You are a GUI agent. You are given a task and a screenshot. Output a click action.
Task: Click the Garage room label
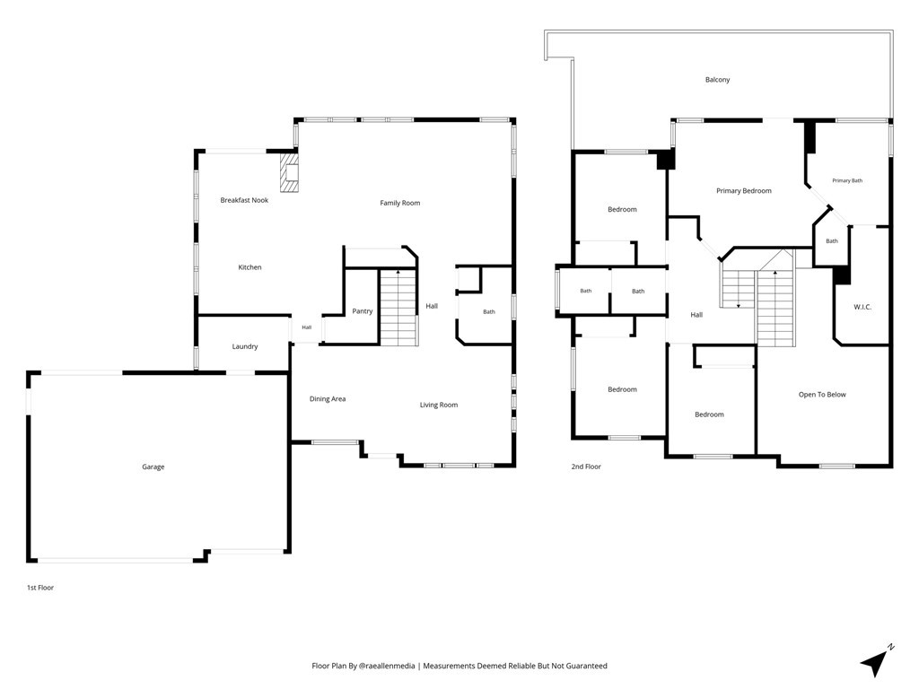click(153, 467)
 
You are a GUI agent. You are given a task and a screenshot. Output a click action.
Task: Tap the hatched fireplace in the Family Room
click(288, 172)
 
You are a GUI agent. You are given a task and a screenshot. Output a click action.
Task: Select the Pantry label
click(363, 311)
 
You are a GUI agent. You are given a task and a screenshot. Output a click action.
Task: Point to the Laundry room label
click(245, 346)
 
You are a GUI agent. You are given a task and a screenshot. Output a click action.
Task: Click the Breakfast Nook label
click(244, 200)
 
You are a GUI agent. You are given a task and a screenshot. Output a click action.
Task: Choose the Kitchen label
click(249, 267)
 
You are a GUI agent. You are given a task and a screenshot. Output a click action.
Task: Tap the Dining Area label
click(328, 399)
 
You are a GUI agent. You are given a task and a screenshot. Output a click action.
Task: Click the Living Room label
click(438, 405)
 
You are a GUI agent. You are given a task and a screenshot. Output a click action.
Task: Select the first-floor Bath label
click(489, 311)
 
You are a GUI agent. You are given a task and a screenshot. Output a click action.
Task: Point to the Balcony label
click(717, 80)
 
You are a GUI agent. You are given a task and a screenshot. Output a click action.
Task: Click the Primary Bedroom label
click(744, 191)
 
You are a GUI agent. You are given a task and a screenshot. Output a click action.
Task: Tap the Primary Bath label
click(847, 180)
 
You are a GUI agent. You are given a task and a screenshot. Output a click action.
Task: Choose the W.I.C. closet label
click(862, 307)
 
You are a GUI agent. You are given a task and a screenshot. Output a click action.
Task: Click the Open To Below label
click(822, 395)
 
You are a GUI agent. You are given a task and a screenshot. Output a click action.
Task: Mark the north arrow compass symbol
click(877, 661)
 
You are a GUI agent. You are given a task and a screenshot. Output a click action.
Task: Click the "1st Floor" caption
click(40, 588)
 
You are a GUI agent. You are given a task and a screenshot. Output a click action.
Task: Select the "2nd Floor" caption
click(586, 467)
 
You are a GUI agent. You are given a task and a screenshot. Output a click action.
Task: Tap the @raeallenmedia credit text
click(387, 666)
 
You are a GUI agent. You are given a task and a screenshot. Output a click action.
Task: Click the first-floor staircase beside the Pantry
click(398, 307)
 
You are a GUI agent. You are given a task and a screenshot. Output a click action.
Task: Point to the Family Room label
click(399, 204)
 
